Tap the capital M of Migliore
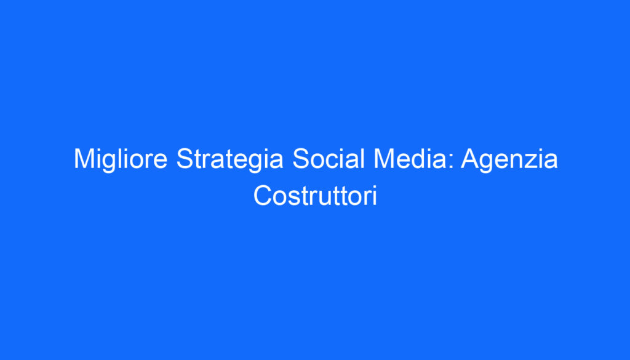click(83, 160)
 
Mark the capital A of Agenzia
click(469, 160)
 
